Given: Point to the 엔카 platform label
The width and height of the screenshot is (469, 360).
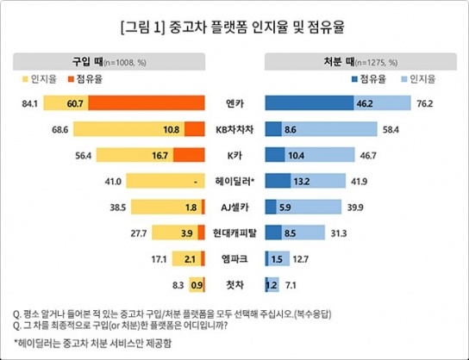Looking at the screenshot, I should click(x=234, y=104).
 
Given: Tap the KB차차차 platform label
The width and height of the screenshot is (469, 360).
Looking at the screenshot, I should click(x=234, y=130).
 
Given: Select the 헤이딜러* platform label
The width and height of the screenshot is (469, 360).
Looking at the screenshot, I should click(x=234, y=182).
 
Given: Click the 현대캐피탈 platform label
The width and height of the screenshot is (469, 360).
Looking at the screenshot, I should click(x=234, y=233).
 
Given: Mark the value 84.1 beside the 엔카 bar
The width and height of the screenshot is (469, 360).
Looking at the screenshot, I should click(x=30, y=104).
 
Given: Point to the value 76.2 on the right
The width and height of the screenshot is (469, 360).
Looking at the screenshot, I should click(x=423, y=104).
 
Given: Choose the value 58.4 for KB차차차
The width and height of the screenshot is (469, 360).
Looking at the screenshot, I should click(x=391, y=130).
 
